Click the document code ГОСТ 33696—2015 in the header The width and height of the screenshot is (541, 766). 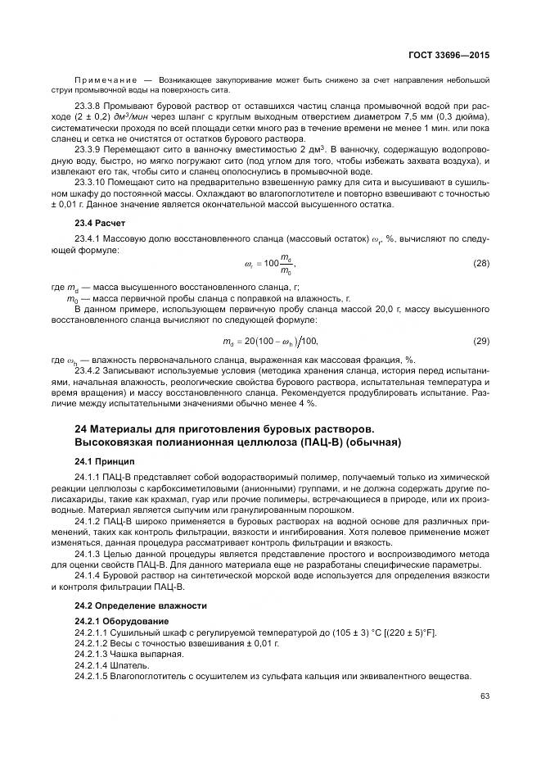[x=449, y=54]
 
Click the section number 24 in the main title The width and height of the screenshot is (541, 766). [x=80, y=428]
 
